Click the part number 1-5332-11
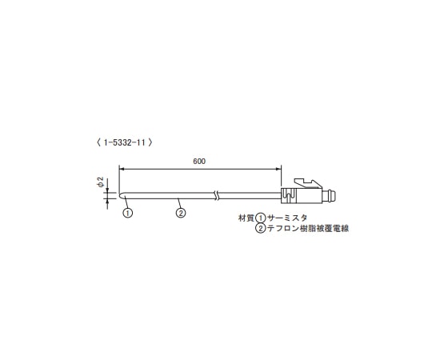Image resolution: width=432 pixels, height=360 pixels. point(123,142)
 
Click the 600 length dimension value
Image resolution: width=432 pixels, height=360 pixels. point(199,161)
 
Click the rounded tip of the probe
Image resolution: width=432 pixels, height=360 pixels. point(121,194)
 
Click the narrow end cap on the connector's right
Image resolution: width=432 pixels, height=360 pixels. point(332,194)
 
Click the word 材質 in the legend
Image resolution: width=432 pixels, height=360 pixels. point(245,218)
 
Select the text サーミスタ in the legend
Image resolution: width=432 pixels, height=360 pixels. point(286,218)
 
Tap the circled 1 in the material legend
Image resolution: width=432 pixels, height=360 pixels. point(259,218)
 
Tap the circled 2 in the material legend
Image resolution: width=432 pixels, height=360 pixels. point(260,229)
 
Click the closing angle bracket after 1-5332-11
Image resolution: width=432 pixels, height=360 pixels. point(151,142)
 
